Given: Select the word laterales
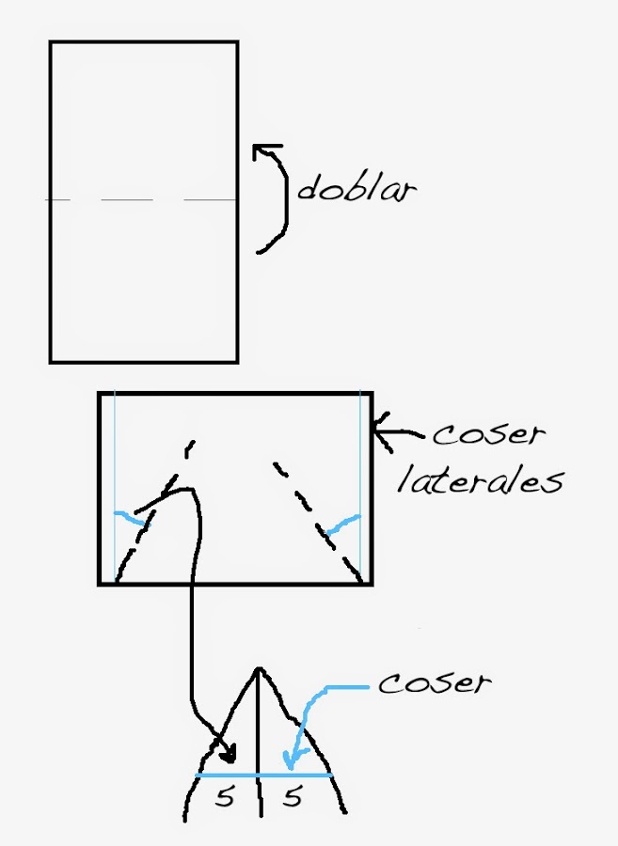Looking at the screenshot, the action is coord(480,480).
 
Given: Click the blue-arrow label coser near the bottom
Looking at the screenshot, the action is coord(434,682).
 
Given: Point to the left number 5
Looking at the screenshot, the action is coord(224,798).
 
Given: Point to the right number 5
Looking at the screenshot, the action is coord(293,798).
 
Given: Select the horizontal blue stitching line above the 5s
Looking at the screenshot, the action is coord(263,775).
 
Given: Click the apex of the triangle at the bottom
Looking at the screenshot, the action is coord(259,669).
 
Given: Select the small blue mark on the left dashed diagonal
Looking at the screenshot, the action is coord(131,517).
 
